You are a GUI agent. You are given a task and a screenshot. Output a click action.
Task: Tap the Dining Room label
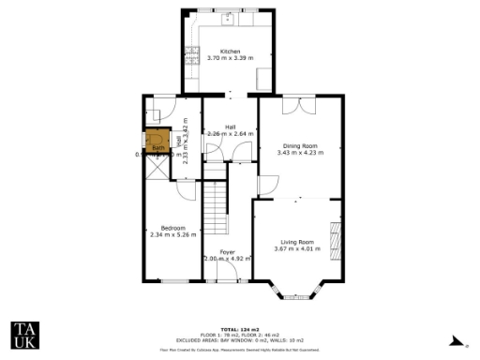301,145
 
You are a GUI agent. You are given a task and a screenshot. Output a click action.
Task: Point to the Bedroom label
173,228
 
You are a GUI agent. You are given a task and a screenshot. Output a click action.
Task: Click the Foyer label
228,252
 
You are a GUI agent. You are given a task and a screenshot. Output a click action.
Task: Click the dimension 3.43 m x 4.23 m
301,152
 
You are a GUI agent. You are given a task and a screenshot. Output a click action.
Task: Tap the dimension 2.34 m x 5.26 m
173,234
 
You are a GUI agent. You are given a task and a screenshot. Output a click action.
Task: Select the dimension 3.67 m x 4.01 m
293,249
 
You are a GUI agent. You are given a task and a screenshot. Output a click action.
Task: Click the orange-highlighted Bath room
158,144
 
